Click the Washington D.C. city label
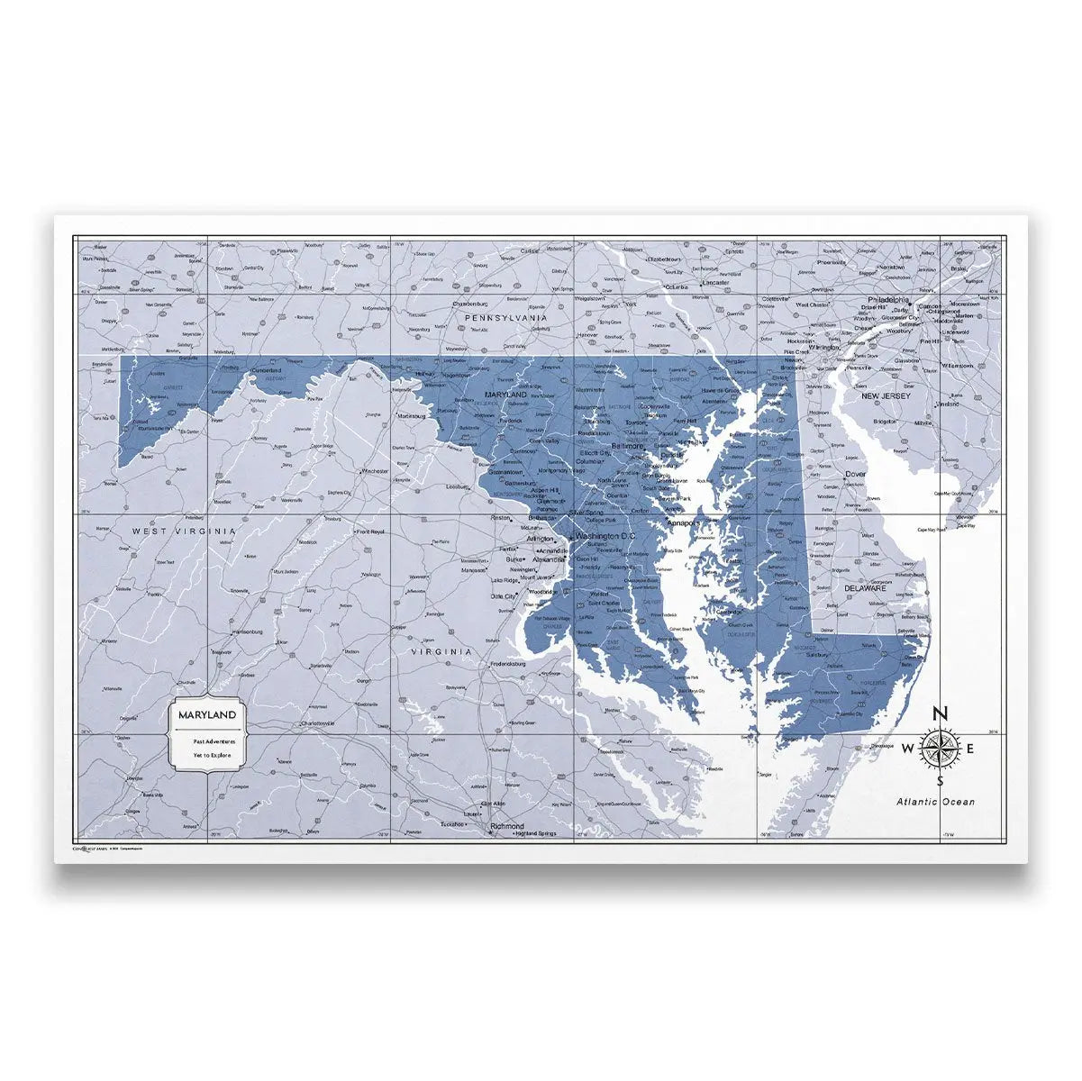click(605, 536)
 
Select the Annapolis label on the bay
click(682, 522)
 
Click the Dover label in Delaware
click(855, 474)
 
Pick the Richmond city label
click(507, 825)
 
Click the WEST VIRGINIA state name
click(184, 531)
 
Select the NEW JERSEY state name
click(887, 395)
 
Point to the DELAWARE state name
click(865, 588)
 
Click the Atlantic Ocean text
click(934, 801)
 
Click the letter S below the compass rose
click(939, 781)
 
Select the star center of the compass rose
click(939, 748)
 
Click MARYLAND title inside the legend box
click(208, 714)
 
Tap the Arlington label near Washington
click(539, 539)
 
